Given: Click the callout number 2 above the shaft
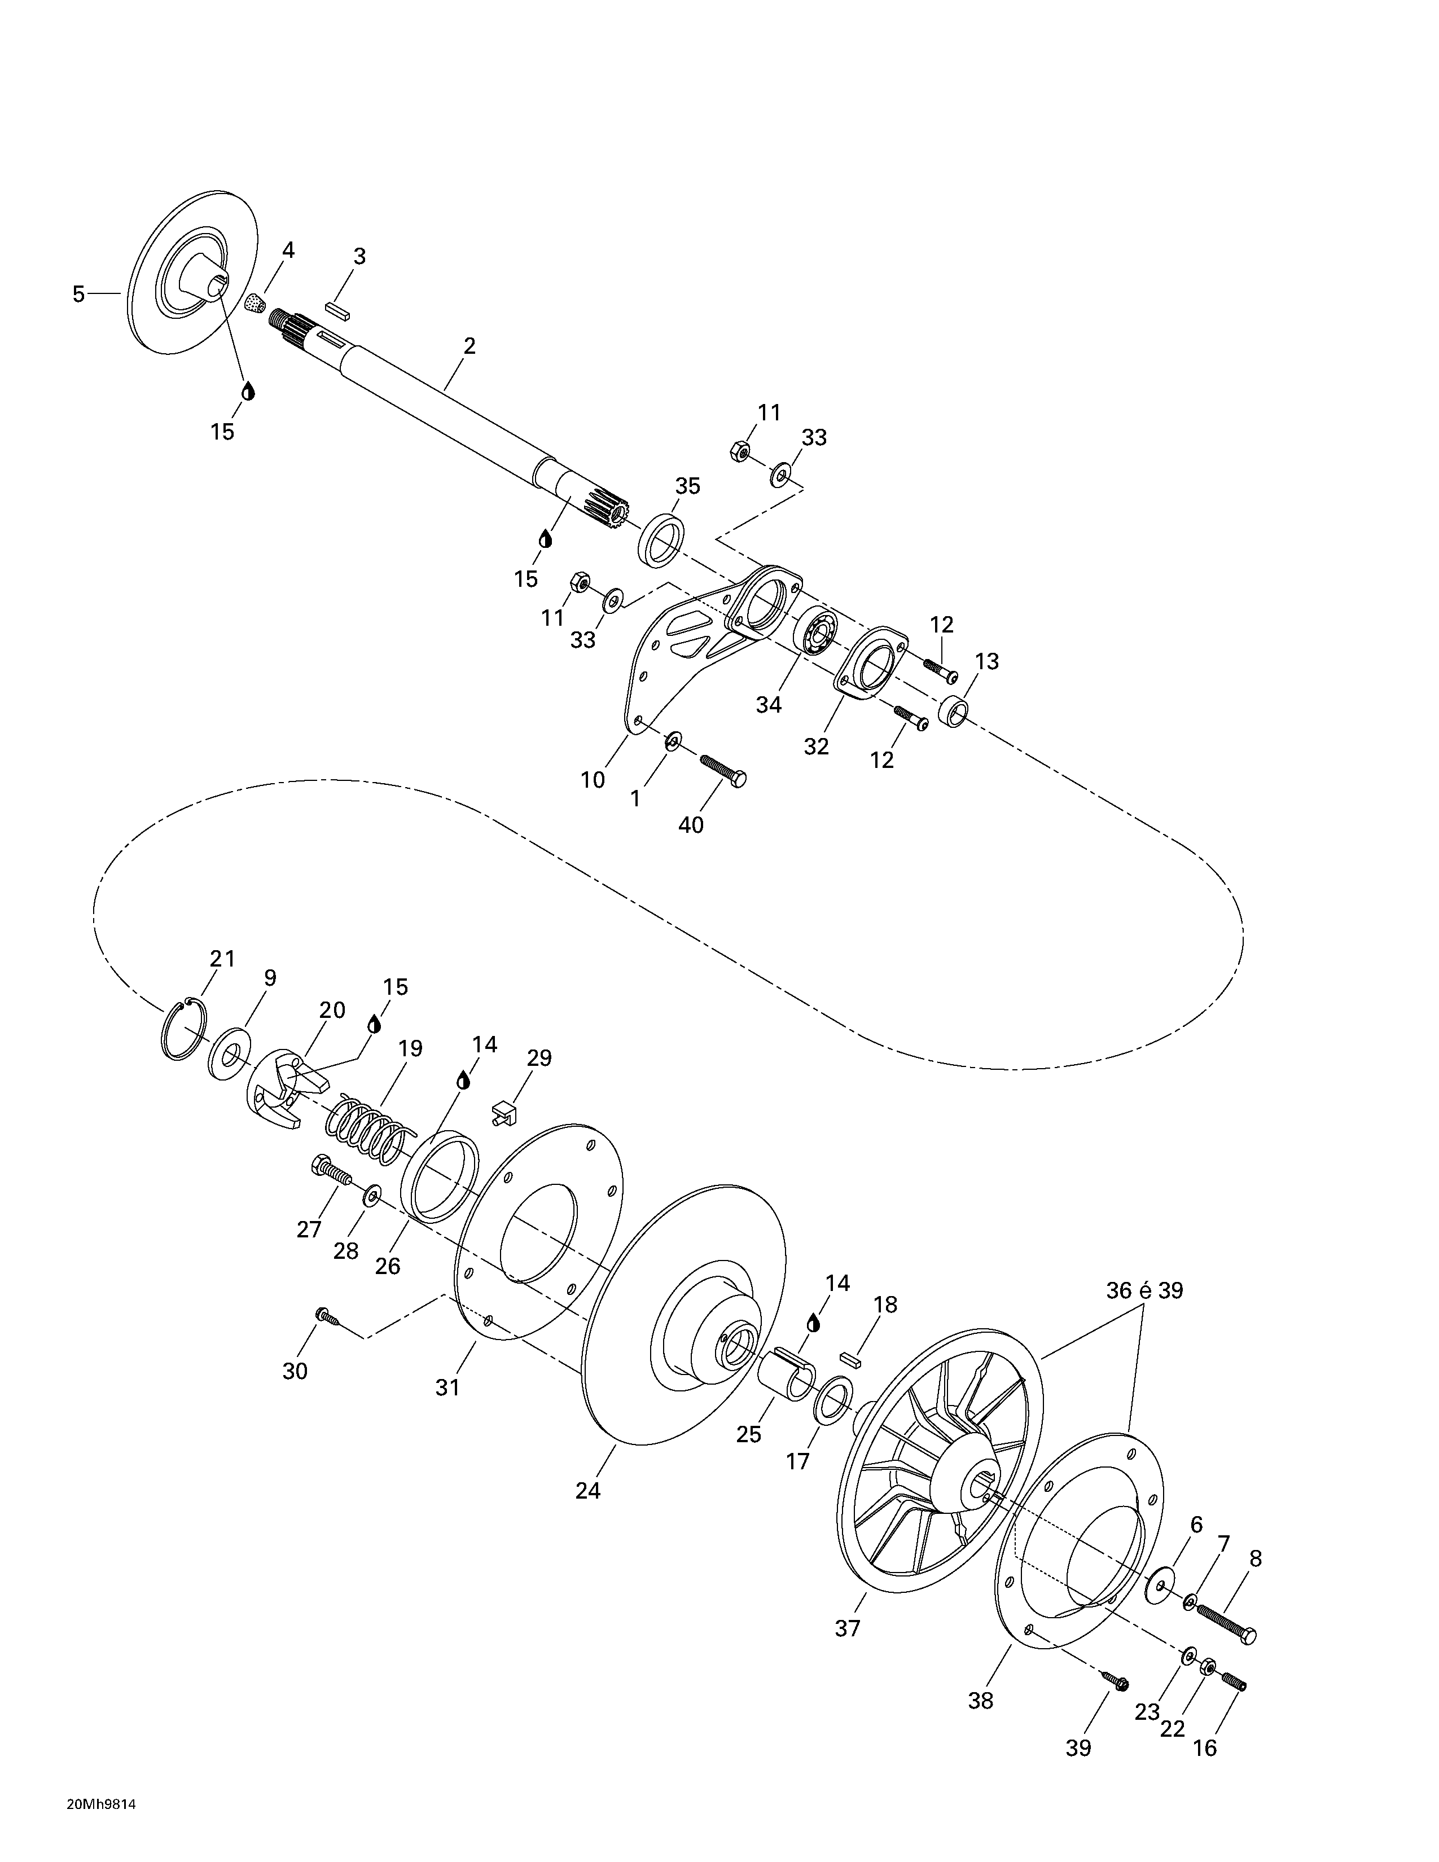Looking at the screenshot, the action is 469,346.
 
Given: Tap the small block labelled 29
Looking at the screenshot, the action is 506,1112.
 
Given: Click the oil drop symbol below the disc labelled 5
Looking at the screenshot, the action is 248,392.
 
